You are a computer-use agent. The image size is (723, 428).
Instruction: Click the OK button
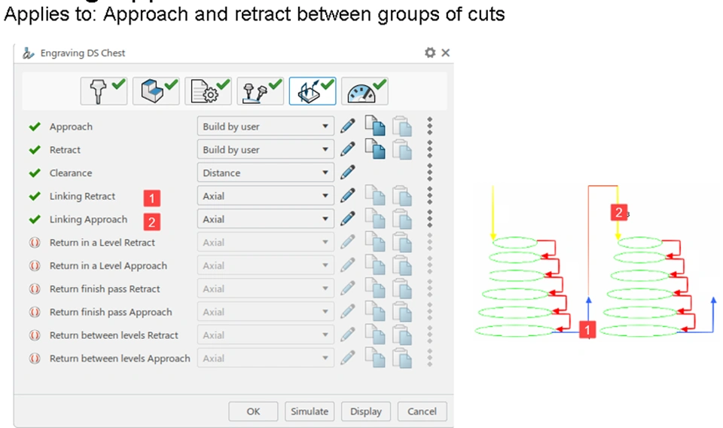click(253, 411)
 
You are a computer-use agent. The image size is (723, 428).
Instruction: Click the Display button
click(365, 411)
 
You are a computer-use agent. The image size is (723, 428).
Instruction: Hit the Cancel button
click(422, 411)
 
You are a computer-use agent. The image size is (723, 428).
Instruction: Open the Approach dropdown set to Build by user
click(265, 127)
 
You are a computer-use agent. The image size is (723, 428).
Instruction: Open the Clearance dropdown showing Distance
click(265, 173)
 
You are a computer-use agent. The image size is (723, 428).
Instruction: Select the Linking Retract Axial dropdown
click(265, 196)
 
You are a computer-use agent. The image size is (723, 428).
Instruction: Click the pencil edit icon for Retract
click(347, 149)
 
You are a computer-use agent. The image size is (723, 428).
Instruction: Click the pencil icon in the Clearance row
click(347, 173)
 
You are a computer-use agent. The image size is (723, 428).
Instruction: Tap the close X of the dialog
click(445, 53)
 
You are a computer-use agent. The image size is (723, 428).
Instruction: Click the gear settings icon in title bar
click(430, 53)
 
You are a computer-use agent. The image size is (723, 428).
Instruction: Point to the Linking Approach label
click(88, 219)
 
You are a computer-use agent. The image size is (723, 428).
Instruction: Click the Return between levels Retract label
click(114, 335)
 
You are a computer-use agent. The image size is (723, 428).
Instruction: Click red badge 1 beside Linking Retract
click(152, 198)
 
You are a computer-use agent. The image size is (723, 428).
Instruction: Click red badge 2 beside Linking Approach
click(152, 222)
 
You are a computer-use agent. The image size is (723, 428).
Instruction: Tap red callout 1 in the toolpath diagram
click(587, 329)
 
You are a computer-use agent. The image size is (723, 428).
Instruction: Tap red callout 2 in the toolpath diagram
click(618, 213)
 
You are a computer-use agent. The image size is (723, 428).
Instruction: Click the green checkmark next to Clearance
click(34, 173)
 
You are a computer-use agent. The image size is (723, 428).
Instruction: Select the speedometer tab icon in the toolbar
click(365, 91)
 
